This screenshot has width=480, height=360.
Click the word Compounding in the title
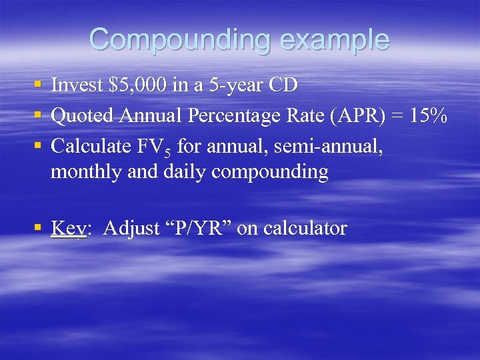point(180,39)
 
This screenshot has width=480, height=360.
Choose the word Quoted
point(83,115)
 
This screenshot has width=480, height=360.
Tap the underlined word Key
point(68,228)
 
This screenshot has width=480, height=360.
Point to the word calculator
point(305,228)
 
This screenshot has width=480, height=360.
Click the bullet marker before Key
point(37,228)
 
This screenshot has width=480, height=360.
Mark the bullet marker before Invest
point(37,85)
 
